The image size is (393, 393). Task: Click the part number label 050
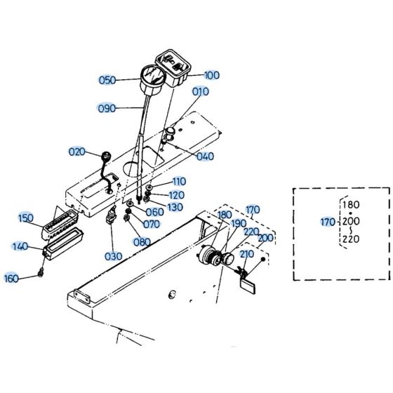point(107,80)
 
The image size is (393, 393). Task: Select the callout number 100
point(211,74)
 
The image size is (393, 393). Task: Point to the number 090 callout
point(107,108)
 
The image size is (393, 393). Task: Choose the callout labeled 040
point(205,156)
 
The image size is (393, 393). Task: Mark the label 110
point(179,181)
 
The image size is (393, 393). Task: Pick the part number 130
point(175,207)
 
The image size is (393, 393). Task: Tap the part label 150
point(26,218)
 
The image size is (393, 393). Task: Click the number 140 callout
point(20,246)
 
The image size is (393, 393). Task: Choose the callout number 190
point(239,222)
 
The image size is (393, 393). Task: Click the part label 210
point(246,253)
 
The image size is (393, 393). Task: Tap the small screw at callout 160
point(43,273)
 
